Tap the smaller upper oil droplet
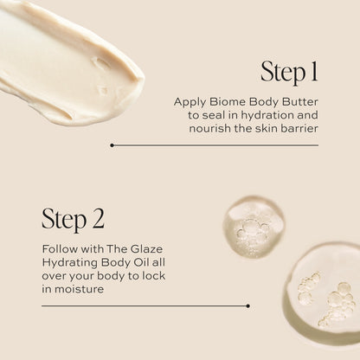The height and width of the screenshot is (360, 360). click(x=253, y=227)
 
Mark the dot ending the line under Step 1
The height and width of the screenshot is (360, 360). click(x=111, y=145)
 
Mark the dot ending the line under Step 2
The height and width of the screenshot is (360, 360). click(x=248, y=305)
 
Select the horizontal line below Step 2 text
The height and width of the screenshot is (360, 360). click(x=138, y=305)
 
